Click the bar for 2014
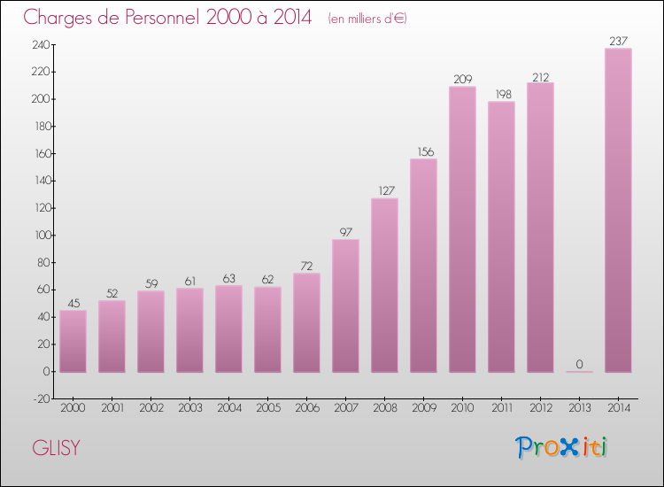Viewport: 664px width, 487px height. click(618, 210)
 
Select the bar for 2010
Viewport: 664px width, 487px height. click(462, 229)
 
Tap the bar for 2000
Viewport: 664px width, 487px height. click(73, 341)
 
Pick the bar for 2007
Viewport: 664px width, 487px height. click(345, 305)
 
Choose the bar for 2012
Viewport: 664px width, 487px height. click(540, 228)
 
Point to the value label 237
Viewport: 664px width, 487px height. click(618, 41)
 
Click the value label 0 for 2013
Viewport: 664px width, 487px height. click(579, 364)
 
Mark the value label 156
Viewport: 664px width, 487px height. click(423, 151)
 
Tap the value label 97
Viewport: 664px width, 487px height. click(345, 232)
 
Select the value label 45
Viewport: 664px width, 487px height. click(73, 303)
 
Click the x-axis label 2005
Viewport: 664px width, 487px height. click(267, 408)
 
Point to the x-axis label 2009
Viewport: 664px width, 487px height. click(423, 408)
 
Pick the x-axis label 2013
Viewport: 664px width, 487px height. click(579, 408)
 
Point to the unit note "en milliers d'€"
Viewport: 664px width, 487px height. click(367, 19)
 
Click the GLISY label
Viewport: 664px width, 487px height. click(56, 448)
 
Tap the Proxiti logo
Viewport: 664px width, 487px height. click(562, 447)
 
